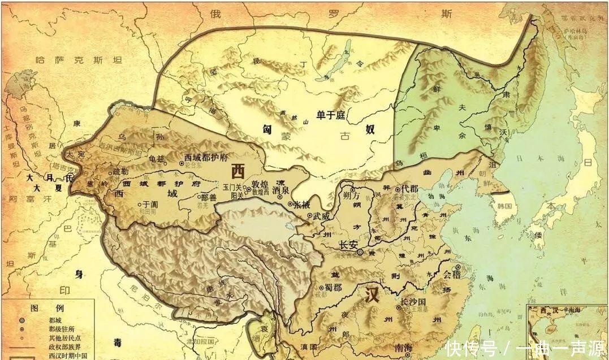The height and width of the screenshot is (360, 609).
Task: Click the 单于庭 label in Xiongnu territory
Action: [331, 115]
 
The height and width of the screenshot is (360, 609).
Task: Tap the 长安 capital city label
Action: [349, 245]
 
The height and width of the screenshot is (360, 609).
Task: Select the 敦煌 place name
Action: [260, 184]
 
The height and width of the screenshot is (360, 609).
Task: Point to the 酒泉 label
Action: [281, 190]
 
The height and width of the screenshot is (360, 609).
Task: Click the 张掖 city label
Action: [301, 204]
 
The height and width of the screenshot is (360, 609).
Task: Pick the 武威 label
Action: [321, 215]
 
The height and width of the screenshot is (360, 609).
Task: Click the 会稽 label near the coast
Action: [451, 275]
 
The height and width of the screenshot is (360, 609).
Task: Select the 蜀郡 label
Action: [331, 287]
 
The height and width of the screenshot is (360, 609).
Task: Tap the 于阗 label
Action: [149, 203]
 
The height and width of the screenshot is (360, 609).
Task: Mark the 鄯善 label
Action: [209, 198]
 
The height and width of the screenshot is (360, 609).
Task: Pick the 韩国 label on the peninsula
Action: [504, 207]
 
